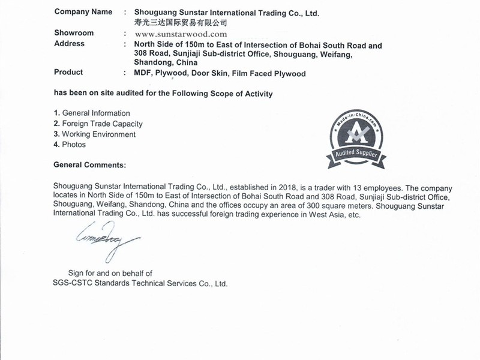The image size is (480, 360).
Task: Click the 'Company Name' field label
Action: click(83, 11)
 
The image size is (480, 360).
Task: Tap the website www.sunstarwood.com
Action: click(181, 34)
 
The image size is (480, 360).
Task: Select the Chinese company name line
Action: click(181, 23)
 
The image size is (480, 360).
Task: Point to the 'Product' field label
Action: click(68, 73)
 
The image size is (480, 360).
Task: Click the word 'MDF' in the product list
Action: click(143, 74)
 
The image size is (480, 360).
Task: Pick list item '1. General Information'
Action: click(92, 113)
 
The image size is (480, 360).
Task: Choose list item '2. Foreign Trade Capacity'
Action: click(98, 124)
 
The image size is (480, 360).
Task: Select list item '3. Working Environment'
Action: click(95, 134)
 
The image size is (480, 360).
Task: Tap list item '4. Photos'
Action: click(70, 145)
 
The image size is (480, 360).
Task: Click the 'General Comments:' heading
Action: click(90, 164)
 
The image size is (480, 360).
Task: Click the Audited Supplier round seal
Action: click(356, 132)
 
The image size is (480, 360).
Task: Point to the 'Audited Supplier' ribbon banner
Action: click(356, 156)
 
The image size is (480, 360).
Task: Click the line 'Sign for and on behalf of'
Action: click(110, 273)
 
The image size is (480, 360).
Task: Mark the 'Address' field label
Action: click(69, 44)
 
